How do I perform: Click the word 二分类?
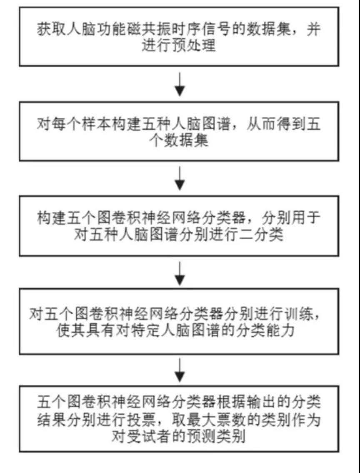point(264,235)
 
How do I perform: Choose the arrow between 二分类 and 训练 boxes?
point(180,273)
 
